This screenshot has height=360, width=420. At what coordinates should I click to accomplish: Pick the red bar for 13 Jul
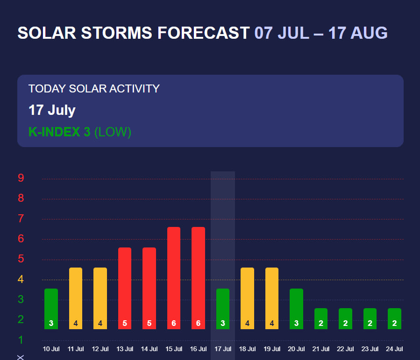pos(125,285)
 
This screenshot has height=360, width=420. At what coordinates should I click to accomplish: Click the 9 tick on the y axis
pos(21,178)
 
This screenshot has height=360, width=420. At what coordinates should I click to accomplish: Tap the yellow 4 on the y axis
pos(21,279)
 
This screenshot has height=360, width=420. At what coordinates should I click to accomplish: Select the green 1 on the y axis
pos(21,339)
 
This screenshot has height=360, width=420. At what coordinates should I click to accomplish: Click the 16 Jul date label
pos(198,349)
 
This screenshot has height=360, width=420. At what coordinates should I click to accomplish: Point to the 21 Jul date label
pos(321,349)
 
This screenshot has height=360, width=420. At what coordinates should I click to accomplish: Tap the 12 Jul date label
pos(100,349)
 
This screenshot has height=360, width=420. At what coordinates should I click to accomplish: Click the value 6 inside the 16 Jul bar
pos(198,323)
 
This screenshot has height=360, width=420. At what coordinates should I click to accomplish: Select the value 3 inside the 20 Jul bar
pos(296,323)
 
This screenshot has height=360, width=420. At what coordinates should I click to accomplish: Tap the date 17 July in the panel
pos(52,110)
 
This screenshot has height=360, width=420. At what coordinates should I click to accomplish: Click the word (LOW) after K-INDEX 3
pos(113,132)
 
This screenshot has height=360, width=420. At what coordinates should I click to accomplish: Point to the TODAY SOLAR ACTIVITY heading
pos(94,88)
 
